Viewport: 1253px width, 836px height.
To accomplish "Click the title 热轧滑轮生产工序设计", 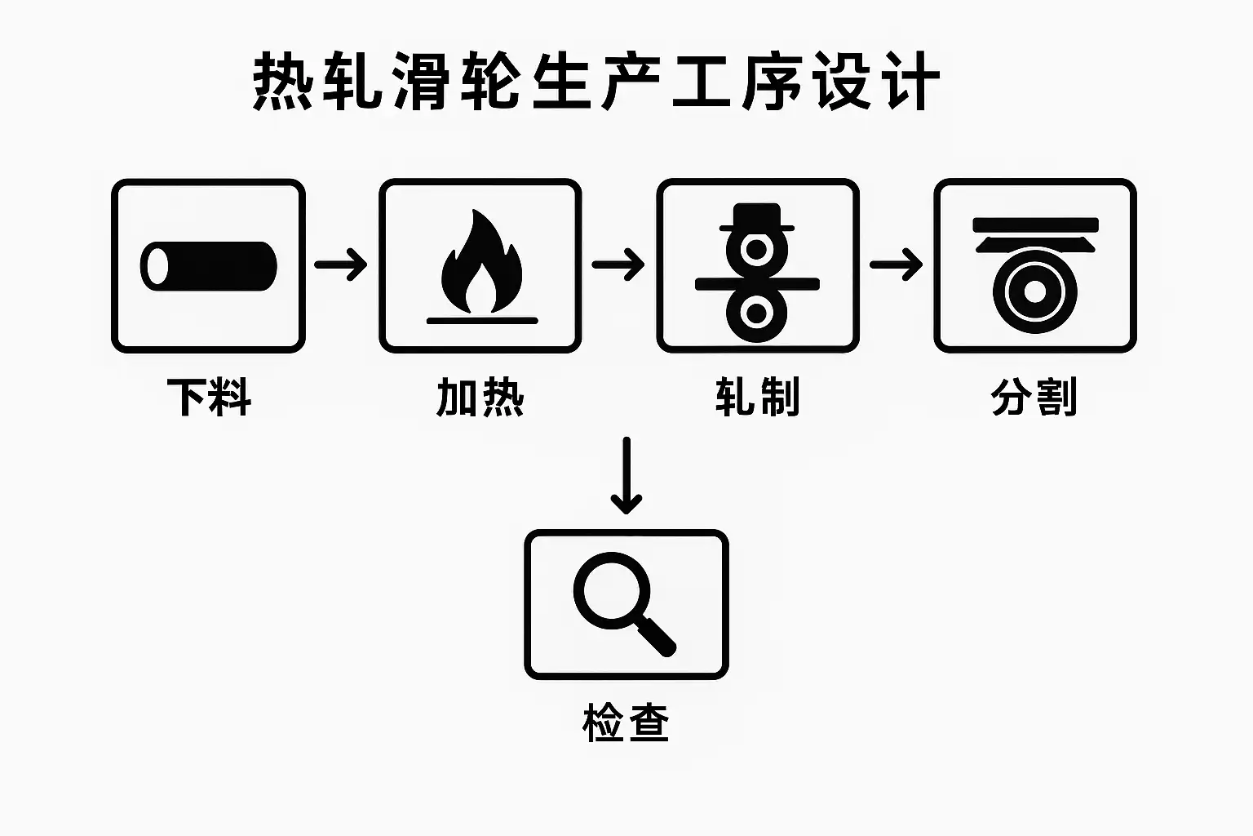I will point(596,82).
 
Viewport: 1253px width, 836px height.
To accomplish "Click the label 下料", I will point(209,398).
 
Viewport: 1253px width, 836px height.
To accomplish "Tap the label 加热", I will point(480,398).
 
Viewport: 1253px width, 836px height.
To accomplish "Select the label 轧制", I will point(758,398).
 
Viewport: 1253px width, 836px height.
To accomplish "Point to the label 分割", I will point(1034,398).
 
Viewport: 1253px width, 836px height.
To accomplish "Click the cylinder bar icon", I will point(209,266).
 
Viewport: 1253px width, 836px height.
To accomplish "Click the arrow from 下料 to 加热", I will point(341,265).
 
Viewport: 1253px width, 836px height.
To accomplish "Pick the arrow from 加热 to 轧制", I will point(618,265).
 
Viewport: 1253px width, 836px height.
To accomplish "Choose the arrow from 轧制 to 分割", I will point(896,265).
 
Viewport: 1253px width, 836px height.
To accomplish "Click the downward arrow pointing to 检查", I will point(626,475).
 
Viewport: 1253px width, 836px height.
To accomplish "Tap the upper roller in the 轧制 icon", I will point(758,250).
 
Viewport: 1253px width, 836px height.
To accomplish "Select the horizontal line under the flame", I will point(481,321).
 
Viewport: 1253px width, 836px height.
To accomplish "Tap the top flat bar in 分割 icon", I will point(1035,225).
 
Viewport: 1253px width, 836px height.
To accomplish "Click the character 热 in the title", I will point(282,82).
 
